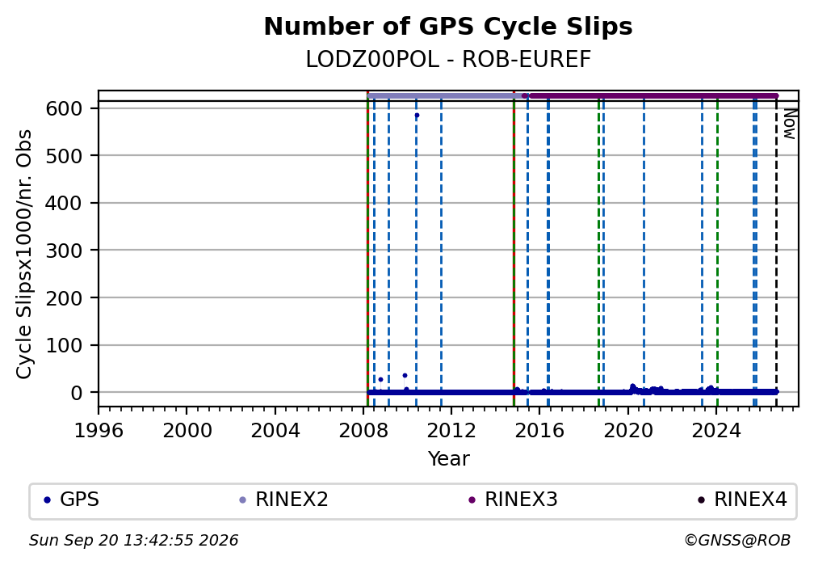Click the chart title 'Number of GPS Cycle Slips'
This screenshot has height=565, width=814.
coord(448,27)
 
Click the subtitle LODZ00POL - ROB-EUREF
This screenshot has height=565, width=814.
coord(448,59)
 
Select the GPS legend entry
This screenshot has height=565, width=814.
coord(72,500)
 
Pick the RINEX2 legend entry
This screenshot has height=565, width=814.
coord(283,500)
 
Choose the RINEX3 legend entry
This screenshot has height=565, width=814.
coord(513,500)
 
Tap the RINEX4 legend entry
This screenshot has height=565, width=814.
coord(742,500)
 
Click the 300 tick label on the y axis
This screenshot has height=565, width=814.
coord(64,251)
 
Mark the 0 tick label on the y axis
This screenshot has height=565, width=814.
coord(76,393)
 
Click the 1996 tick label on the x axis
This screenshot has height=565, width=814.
coord(99,430)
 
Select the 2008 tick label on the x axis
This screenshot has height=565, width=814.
coord(363,430)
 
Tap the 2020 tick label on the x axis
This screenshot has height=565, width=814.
coord(628,430)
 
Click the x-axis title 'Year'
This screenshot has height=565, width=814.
coord(448,458)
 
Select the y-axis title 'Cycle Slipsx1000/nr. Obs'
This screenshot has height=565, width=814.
coord(24,254)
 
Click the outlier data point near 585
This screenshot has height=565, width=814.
coord(417,116)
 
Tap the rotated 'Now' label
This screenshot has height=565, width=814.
coord(789,124)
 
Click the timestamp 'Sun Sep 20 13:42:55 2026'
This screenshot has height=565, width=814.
coord(133,541)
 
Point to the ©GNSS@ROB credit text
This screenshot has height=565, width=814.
coord(737,541)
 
